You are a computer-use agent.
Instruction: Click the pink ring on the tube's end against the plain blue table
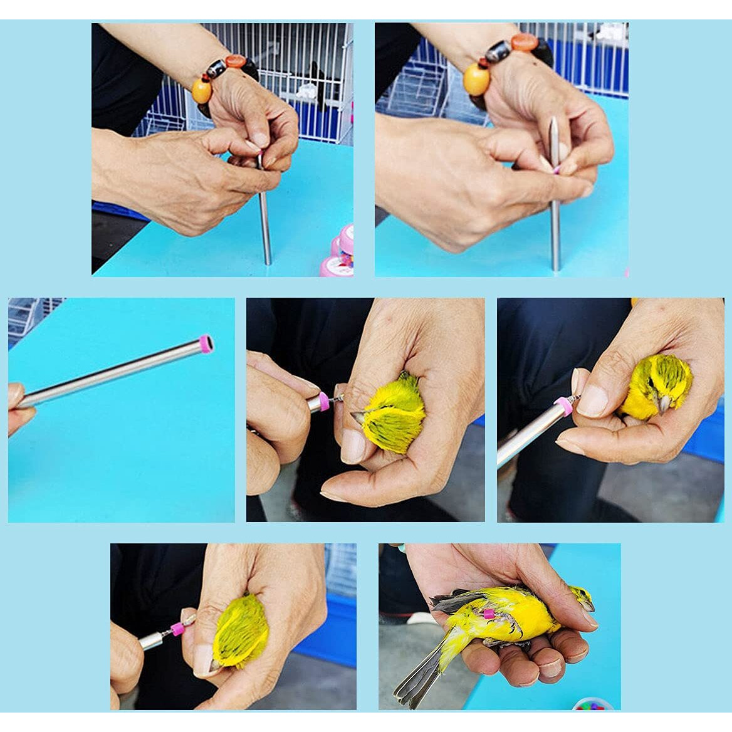point(204,343)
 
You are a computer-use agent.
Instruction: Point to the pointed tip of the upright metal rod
point(553,122)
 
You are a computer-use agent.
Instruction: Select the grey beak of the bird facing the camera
point(663,405)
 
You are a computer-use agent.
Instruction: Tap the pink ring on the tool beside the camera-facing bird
point(563,407)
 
